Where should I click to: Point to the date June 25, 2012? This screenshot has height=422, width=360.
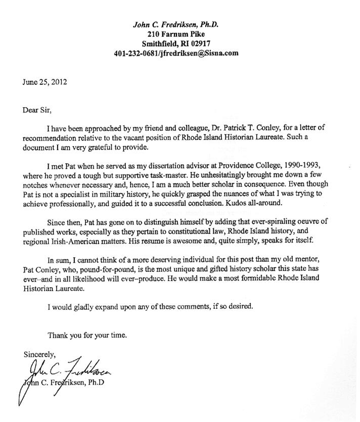pos(44,81)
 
